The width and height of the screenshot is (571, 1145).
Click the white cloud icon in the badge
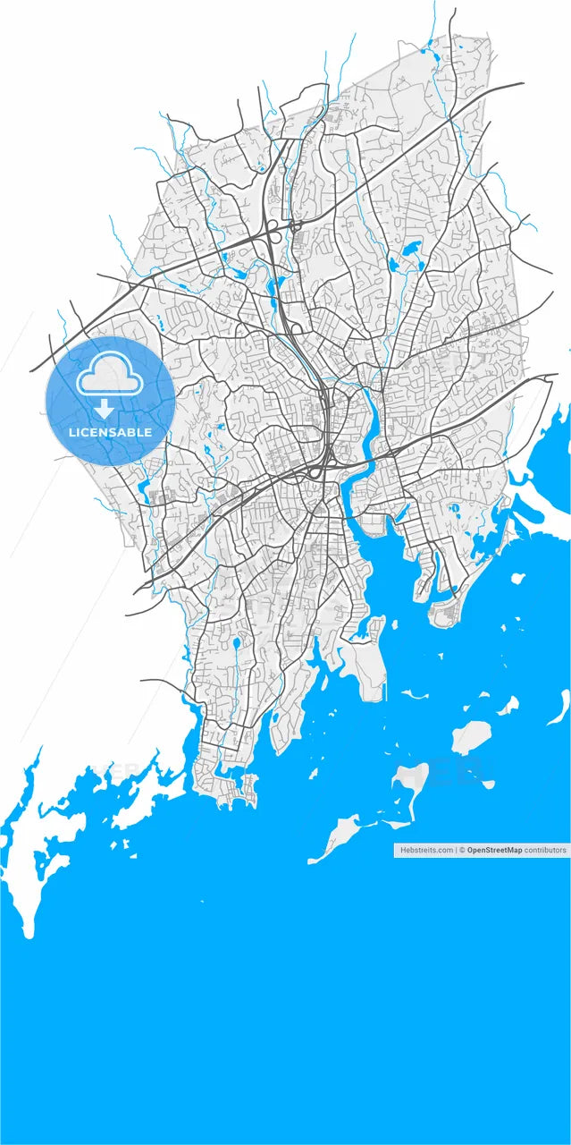coord(110,377)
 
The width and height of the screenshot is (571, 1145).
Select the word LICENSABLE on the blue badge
coord(110,433)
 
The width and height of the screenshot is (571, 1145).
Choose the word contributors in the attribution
coord(545,850)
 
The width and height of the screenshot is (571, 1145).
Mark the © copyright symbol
coord(462,850)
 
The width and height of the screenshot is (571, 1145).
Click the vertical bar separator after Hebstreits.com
coord(457,850)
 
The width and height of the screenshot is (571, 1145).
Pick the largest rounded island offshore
coord(471,737)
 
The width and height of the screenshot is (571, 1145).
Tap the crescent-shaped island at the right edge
coord(558,706)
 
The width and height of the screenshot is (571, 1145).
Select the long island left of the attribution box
coord(334,836)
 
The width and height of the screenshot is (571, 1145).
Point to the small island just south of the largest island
coord(488,785)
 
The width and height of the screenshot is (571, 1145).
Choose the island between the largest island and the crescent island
coord(507,706)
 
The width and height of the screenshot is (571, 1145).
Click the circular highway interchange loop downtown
coord(316,471)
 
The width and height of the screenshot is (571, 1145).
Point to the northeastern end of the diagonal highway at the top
coord(521,85)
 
